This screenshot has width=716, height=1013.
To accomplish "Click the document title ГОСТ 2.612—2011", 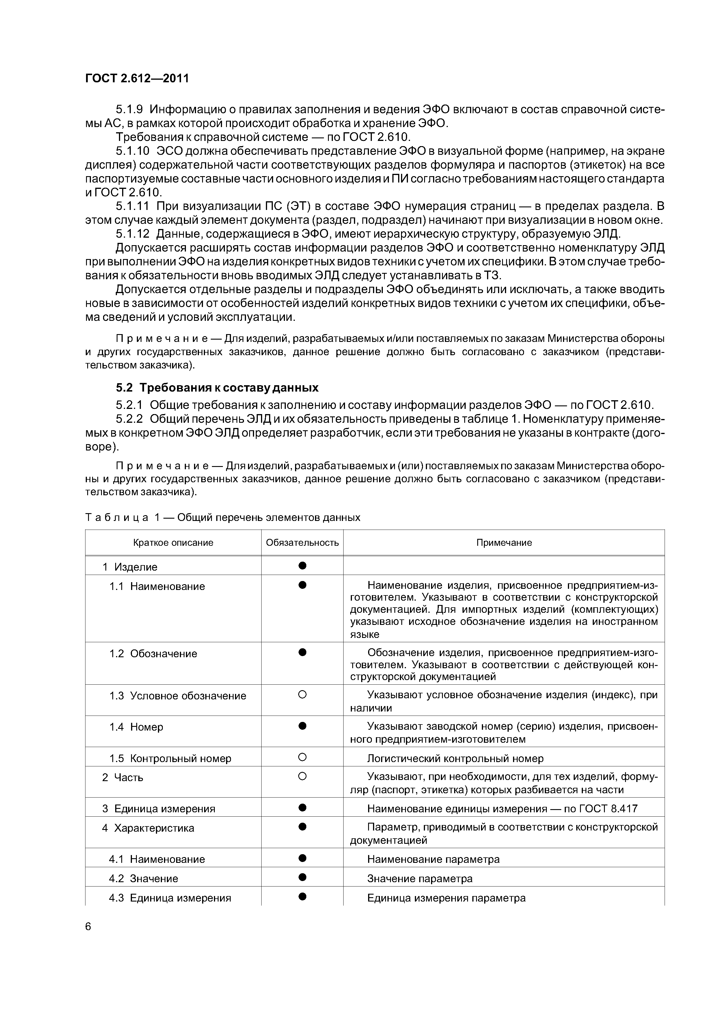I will pyautogui.click(x=137, y=79).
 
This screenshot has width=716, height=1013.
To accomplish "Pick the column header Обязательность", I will pyautogui.click(x=302, y=543).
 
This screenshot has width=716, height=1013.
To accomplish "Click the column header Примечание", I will pyautogui.click(x=504, y=543).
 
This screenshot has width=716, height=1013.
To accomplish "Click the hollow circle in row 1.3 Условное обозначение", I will pyautogui.click(x=302, y=695).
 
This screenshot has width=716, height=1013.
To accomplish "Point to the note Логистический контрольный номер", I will pyautogui.click(x=455, y=758).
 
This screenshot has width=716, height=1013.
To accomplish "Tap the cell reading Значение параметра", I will pyautogui.click(x=419, y=878).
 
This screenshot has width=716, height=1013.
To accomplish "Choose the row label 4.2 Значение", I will pyautogui.click(x=143, y=878).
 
